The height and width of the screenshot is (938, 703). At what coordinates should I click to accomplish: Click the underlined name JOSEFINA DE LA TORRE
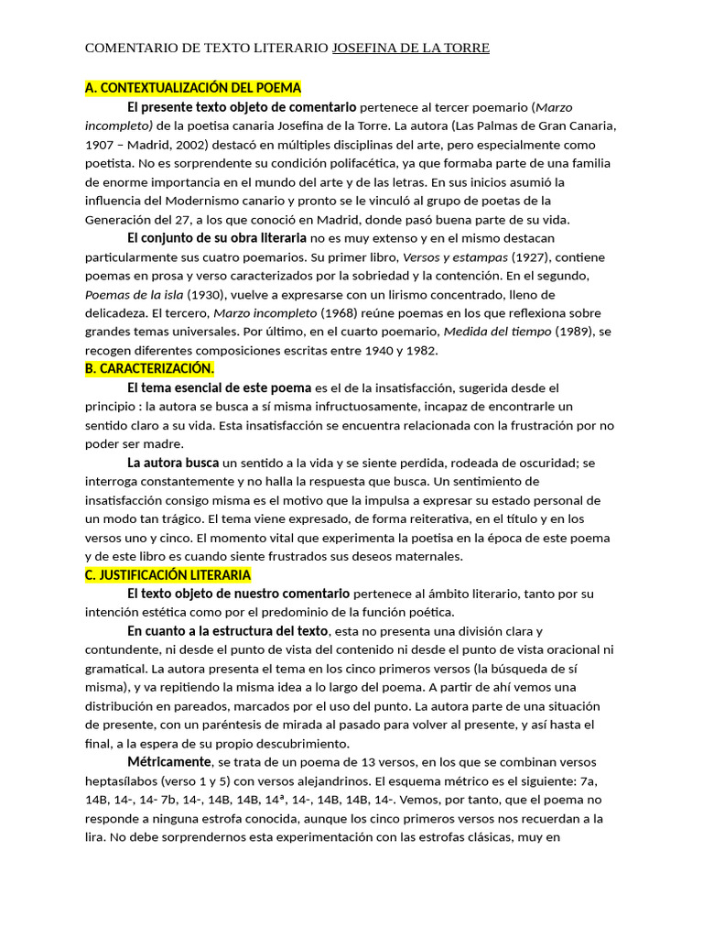410,48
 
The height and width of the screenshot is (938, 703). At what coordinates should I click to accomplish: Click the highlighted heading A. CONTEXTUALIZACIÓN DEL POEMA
193,88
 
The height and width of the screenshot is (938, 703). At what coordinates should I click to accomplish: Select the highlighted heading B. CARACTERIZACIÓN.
149,368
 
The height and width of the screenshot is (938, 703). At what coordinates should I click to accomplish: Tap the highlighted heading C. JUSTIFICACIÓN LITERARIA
168,574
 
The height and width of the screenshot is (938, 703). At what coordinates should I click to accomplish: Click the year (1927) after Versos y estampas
529,256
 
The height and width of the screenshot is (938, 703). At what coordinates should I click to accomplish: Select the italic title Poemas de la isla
134,294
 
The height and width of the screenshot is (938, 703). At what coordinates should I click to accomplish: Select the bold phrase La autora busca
173,462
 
